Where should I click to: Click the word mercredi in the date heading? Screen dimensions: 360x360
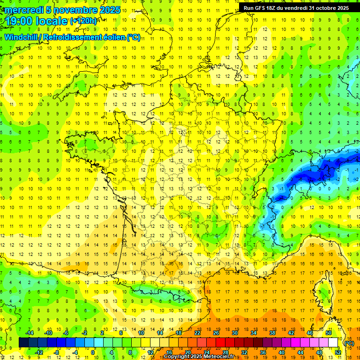[24, 10]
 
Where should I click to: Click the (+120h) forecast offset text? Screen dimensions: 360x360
[83, 21]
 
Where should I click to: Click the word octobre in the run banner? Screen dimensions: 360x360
[322, 7]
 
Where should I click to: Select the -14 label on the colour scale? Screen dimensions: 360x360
[29, 332]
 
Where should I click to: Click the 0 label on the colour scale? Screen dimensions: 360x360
[93, 352]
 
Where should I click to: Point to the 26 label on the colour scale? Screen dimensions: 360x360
[216, 332]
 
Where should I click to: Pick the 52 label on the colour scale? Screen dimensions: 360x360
[338, 352]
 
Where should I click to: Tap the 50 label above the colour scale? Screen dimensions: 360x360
[329, 332]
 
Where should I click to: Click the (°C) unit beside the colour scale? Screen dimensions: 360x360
[349, 343]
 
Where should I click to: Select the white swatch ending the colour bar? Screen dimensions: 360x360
[333, 343]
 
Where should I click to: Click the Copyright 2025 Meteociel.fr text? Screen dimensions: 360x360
[199, 357]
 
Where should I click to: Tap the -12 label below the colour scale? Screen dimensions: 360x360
[39, 352]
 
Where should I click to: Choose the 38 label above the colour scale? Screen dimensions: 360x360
[272, 332]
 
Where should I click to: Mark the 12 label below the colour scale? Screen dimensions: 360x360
[150, 352]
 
